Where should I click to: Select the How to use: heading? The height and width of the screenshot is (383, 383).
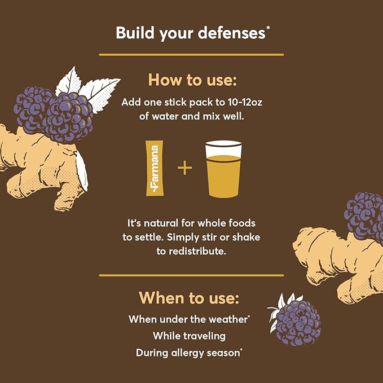(191, 80)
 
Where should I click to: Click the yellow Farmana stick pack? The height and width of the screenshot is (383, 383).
(151, 169)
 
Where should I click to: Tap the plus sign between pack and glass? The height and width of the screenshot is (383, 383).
(184, 168)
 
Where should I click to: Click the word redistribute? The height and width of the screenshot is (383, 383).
(191, 252)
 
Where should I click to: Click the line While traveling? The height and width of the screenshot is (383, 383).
(189, 336)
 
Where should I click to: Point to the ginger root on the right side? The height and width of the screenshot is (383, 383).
(338, 254)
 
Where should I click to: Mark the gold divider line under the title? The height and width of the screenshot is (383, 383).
(191, 55)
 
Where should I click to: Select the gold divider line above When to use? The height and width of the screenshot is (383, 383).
(191, 275)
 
